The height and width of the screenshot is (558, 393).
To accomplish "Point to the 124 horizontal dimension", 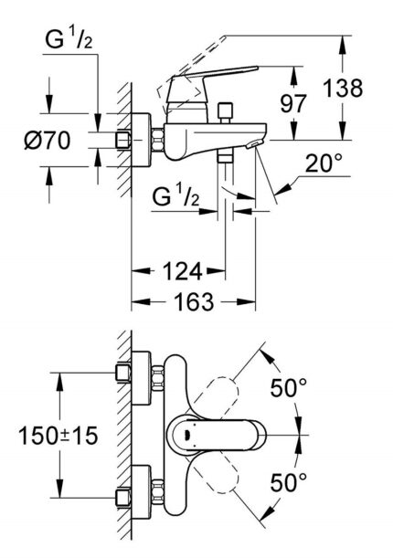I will click(x=179, y=271).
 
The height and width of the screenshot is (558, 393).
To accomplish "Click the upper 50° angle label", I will click(x=288, y=388).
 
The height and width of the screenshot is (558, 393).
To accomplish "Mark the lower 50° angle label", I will click(x=288, y=479).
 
